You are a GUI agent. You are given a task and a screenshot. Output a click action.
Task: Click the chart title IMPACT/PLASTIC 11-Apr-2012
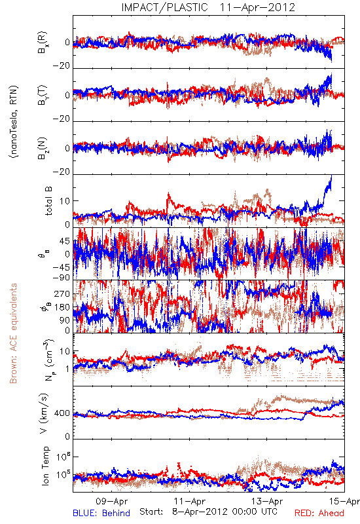point(208,7)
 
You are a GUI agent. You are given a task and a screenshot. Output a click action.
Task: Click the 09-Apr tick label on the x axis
point(111,501)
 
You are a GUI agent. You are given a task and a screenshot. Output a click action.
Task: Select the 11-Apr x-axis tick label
point(190,501)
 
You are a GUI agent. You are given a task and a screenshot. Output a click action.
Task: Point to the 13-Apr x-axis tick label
point(268,501)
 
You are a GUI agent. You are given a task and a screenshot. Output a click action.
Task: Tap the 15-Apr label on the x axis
point(344,501)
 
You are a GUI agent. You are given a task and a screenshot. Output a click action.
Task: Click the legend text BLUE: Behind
point(101,513)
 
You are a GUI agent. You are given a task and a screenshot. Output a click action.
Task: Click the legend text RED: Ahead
point(319,513)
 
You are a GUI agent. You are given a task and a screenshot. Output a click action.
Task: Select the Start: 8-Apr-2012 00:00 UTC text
point(208,512)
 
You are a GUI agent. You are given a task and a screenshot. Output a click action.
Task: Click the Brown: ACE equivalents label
point(13,333)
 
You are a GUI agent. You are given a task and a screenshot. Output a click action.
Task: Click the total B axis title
point(48,200)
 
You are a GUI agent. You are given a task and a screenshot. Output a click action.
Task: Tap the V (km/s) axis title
point(45,413)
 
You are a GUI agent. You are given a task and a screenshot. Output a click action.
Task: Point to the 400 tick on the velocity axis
point(62,413)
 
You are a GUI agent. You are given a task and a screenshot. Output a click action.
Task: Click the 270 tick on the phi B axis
point(62,293)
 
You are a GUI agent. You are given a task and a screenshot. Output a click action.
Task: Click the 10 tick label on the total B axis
point(65,201)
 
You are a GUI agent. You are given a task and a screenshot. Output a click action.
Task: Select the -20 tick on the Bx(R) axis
point(62,66)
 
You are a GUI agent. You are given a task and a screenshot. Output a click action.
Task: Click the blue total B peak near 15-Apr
point(331,176)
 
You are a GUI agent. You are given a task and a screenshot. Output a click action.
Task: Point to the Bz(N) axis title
point(43,148)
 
